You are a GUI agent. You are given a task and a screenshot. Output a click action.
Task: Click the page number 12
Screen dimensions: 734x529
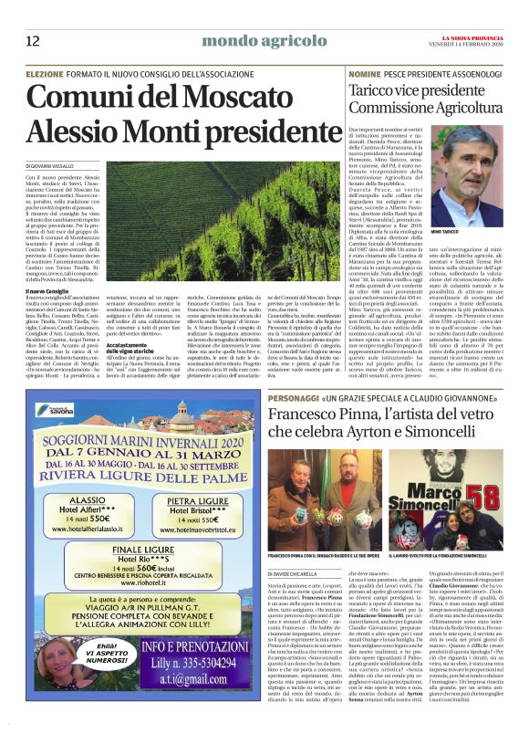(x=33, y=40)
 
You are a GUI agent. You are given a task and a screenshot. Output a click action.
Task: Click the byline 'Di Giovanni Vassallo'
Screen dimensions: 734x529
(x=57, y=164)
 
